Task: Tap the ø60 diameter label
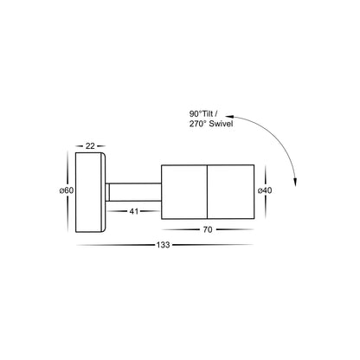(x=62, y=191)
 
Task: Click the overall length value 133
(x=164, y=245)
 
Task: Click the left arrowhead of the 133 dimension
(x=78, y=245)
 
